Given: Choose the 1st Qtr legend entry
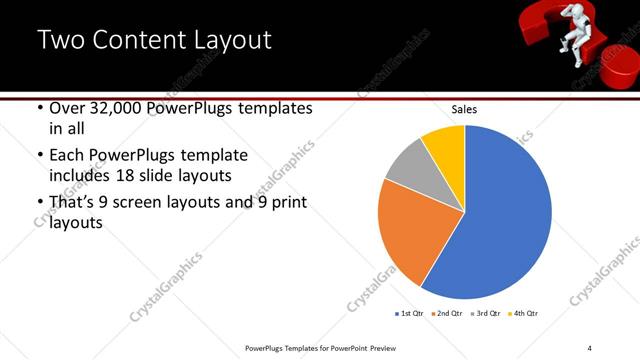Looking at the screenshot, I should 409,314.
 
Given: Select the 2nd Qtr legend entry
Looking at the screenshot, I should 448,314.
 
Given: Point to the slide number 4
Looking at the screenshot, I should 590,347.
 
